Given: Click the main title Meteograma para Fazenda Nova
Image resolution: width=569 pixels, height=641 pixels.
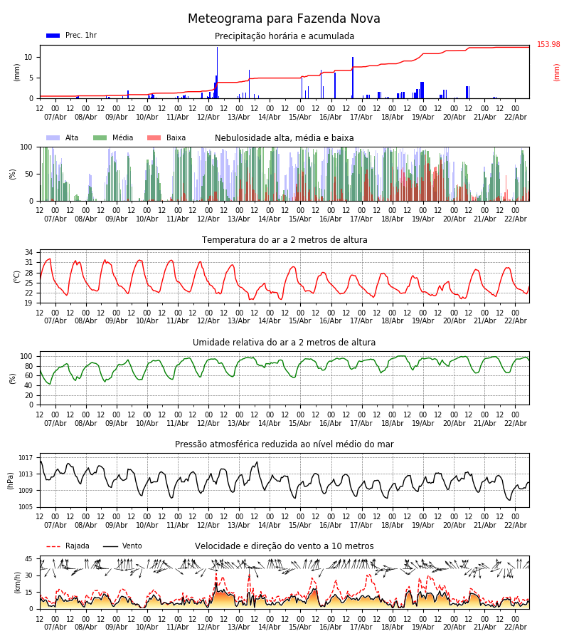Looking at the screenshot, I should pos(284,19).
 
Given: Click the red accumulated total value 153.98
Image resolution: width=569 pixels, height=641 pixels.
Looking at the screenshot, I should pos(548,45).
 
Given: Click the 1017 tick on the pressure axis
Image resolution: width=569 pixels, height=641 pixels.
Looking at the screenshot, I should pos(26,458).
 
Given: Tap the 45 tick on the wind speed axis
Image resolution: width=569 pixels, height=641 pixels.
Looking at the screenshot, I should pos(28,559).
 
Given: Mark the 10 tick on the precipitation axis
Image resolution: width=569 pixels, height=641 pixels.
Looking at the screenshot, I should pos(28,57).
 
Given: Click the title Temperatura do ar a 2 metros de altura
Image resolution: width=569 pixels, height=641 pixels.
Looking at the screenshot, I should pos(284,240).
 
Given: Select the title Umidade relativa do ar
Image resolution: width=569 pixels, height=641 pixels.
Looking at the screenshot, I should pos(284,343).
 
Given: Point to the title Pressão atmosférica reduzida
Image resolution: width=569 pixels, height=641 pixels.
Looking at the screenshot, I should pos(284,444).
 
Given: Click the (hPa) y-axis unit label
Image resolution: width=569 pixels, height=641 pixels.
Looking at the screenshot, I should pos(11,480).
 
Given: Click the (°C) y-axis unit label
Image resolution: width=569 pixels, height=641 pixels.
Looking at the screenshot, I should pos(17,276).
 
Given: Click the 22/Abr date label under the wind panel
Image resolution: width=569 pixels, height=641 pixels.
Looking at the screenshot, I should pos(515,627).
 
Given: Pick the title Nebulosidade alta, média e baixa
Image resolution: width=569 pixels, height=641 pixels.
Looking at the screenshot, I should pos(284,138).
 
